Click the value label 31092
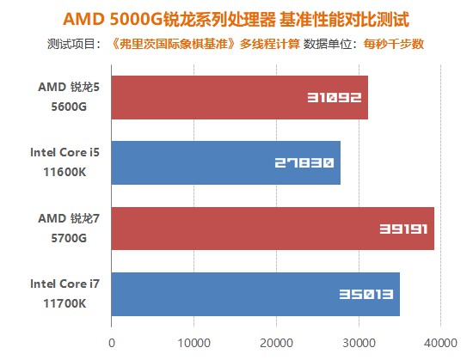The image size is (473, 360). pyautogui.click(x=334, y=98)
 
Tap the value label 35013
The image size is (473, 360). pyautogui.click(x=366, y=294)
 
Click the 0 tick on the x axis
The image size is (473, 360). pyautogui.click(x=111, y=343)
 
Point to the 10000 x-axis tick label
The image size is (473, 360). pyautogui.click(x=193, y=343)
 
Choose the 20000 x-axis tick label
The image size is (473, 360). pyautogui.click(x=276, y=343)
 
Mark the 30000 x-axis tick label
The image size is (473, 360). pyautogui.click(x=359, y=343)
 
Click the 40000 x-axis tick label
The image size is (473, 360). pyautogui.click(x=440, y=343)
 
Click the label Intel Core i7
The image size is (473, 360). pyautogui.click(x=65, y=284)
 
